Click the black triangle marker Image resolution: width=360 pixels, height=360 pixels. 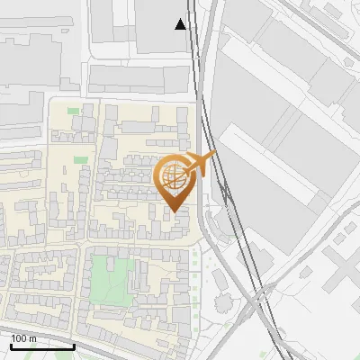point(181,24)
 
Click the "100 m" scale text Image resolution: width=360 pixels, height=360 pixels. point(24,338)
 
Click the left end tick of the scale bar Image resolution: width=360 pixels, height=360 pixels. point(11,345)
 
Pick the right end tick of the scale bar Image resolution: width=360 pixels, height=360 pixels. point(74,345)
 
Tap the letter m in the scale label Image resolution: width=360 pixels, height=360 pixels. point(33,338)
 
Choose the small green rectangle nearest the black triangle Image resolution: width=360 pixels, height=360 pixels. point(73,111)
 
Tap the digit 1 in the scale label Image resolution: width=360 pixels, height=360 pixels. point(14,338)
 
